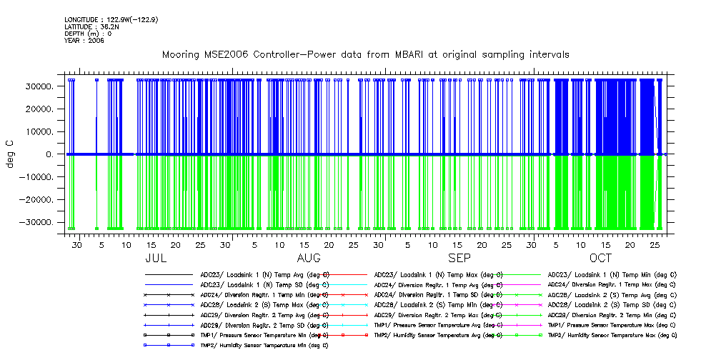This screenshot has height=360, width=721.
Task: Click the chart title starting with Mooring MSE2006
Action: [365, 55]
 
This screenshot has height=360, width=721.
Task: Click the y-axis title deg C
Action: [11, 154]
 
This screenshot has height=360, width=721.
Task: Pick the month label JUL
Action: [156, 258]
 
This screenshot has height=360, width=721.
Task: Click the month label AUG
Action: [309, 258]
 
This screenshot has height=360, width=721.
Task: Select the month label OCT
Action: [601, 258]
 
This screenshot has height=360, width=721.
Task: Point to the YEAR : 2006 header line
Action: [84, 41]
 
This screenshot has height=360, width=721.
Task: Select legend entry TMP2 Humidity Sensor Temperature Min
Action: [263, 345]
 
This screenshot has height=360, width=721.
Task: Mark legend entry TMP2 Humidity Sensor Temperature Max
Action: [612, 335]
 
